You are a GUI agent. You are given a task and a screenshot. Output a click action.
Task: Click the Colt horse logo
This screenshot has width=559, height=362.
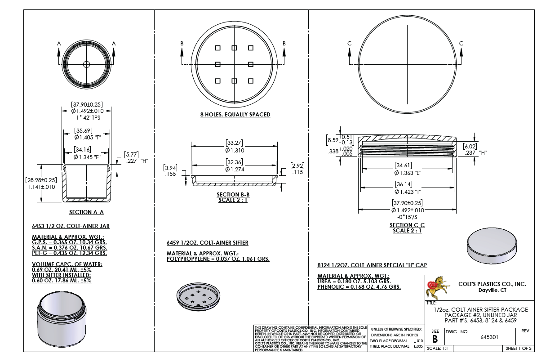(x=438, y=288)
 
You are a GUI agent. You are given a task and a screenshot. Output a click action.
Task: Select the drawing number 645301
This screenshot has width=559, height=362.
(x=489, y=337)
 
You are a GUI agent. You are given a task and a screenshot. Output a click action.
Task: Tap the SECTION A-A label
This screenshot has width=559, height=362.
(x=86, y=212)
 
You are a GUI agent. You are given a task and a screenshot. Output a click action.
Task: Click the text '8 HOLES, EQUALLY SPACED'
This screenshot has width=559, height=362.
(x=235, y=115)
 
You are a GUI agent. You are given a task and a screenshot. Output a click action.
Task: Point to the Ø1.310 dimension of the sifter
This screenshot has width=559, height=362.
(x=235, y=150)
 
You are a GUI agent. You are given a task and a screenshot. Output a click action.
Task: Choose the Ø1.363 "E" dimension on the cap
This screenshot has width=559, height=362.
(x=408, y=173)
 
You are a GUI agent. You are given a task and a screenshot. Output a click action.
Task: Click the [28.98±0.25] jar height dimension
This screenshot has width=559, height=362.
(x=41, y=180)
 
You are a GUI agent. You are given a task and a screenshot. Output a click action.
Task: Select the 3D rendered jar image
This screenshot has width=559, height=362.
(x=62, y=319)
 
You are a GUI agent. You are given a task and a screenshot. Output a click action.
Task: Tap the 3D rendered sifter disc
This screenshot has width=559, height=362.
(x=199, y=297)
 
